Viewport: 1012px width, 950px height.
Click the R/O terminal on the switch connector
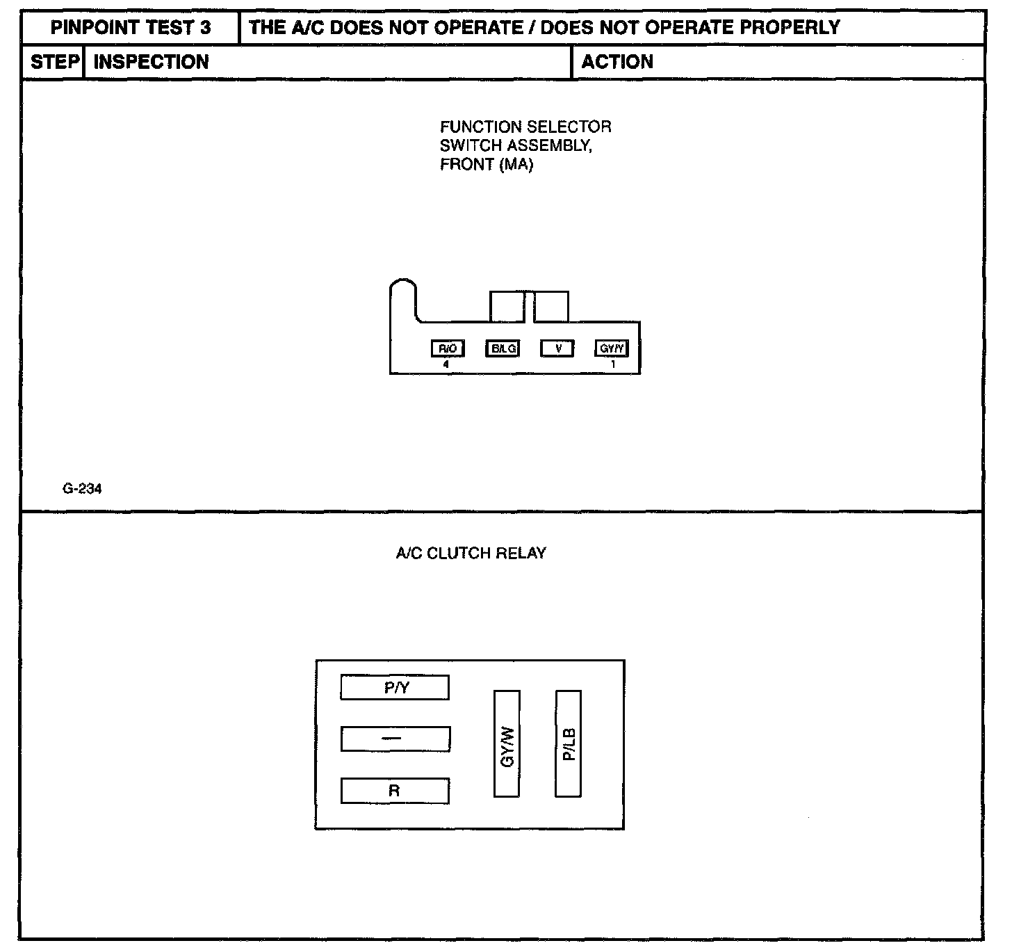[447, 348]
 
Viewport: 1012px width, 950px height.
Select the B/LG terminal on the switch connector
[502, 348]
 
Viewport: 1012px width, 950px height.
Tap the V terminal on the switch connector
[557, 348]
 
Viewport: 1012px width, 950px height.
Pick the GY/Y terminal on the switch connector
[612, 348]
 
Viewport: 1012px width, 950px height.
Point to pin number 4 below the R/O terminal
[446, 364]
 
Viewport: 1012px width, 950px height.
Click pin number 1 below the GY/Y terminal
[612, 364]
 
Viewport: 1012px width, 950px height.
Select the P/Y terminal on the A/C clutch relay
[395, 688]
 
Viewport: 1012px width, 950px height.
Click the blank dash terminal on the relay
[395, 739]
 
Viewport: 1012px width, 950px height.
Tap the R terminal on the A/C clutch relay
[395, 791]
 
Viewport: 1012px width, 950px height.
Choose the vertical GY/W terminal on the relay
[507, 743]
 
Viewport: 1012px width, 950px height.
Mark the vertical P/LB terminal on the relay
[569, 743]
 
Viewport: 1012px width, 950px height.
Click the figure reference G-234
[82, 489]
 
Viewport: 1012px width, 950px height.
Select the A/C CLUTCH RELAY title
[471, 554]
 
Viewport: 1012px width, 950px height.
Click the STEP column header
[54, 62]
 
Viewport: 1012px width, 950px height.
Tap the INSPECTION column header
[151, 62]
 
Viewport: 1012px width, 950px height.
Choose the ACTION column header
[617, 62]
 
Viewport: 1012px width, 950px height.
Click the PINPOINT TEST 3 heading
[131, 28]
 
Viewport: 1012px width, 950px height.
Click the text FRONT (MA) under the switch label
[487, 166]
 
